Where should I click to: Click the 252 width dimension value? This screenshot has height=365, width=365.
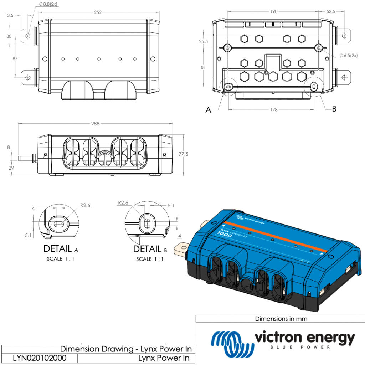pyautogui.click(x=98, y=12)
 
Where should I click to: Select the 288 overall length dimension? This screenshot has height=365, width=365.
pyautogui.click(x=95, y=124)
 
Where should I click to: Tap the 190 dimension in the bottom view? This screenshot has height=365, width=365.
pyautogui.click(x=273, y=12)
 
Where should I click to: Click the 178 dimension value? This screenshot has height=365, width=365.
pyautogui.click(x=273, y=110)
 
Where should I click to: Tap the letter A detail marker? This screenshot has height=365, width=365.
pyautogui.click(x=209, y=110)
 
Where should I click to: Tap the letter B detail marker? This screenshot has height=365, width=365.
pyautogui.click(x=334, y=109)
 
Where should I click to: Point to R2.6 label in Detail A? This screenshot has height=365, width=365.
pyautogui.click(x=86, y=205)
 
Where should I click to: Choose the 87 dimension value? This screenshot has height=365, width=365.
pyautogui.click(x=10, y=58)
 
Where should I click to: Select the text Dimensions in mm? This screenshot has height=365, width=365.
pyautogui.click(x=281, y=319)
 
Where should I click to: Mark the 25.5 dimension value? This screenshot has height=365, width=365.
pyautogui.click(x=204, y=42)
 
